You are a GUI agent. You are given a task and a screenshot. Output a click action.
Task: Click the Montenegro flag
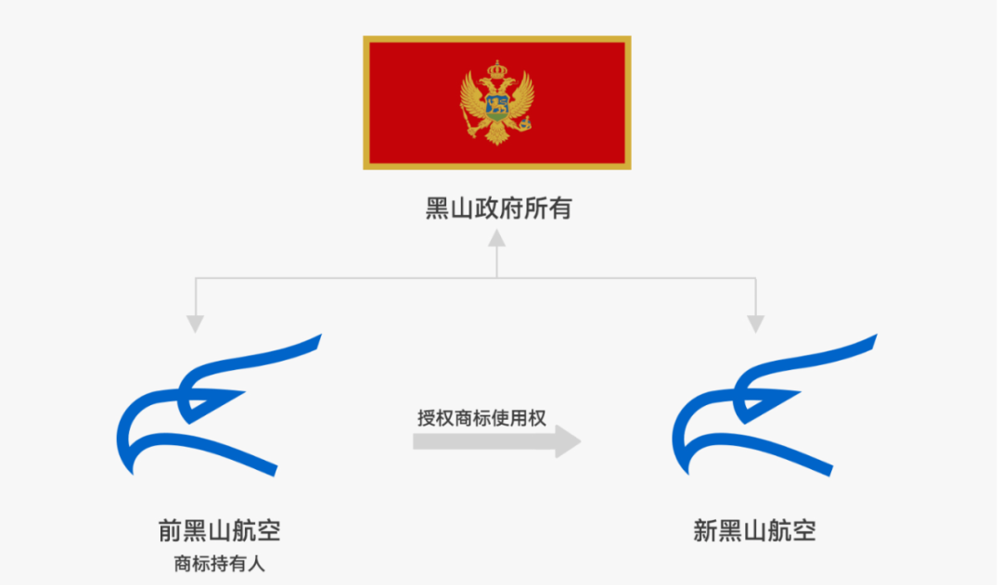(496, 102)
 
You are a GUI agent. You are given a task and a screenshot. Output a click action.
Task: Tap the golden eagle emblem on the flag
(498, 102)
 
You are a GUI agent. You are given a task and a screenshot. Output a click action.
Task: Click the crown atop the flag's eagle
(498, 69)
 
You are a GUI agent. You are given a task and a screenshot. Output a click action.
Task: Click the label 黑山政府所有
(498, 209)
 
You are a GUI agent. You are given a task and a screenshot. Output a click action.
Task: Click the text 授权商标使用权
(482, 417)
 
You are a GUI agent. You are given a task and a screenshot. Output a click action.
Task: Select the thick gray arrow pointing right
(496, 441)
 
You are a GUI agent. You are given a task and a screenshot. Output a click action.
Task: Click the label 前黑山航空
(220, 531)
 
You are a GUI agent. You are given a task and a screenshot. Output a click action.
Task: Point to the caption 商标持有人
(220, 562)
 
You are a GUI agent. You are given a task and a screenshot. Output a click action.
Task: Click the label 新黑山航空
(754, 531)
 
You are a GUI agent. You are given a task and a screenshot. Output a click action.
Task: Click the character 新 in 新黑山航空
(705, 531)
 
